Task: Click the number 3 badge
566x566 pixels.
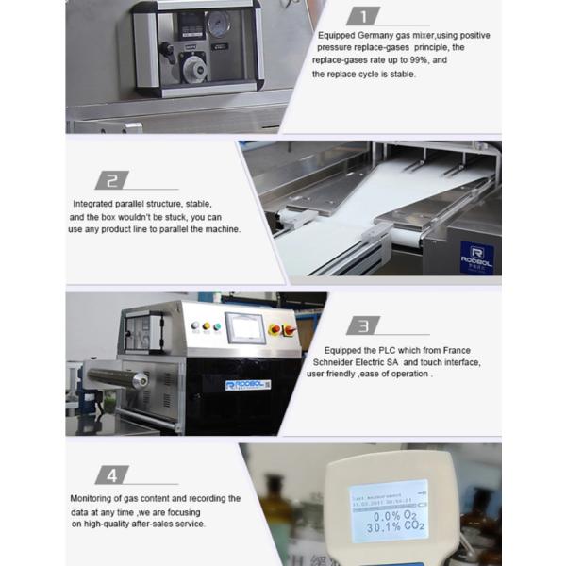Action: (362, 326)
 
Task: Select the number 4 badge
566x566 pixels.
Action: (112, 474)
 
